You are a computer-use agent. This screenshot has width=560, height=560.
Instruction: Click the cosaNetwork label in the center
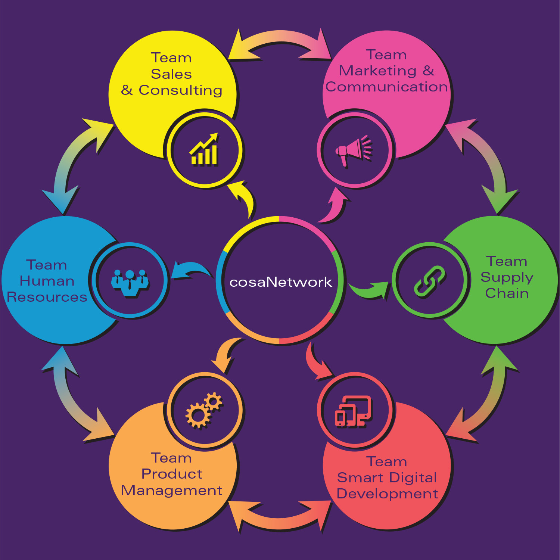tap(280, 282)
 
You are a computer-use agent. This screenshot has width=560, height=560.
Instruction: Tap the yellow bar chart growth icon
tap(204, 150)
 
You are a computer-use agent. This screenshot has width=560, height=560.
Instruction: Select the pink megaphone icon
tap(354, 150)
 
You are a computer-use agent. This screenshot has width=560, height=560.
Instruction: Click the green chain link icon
tap(430, 281)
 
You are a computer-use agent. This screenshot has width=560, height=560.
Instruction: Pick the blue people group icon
tap(130, 282)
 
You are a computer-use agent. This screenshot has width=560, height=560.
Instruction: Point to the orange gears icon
tap(204, 410)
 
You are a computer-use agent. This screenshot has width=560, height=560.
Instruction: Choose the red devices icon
tap(354, 411)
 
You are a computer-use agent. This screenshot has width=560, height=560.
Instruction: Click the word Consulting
tap(180, 90)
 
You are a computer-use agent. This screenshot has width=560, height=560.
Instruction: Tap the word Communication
tap(386, 87)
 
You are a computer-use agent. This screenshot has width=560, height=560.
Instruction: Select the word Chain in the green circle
tap(507, 293)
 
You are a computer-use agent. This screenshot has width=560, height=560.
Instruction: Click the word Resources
tap(47, 297)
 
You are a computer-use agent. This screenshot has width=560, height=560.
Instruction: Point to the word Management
tap(172, 490)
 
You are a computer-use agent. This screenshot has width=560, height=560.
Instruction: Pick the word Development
tap(387, 494)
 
